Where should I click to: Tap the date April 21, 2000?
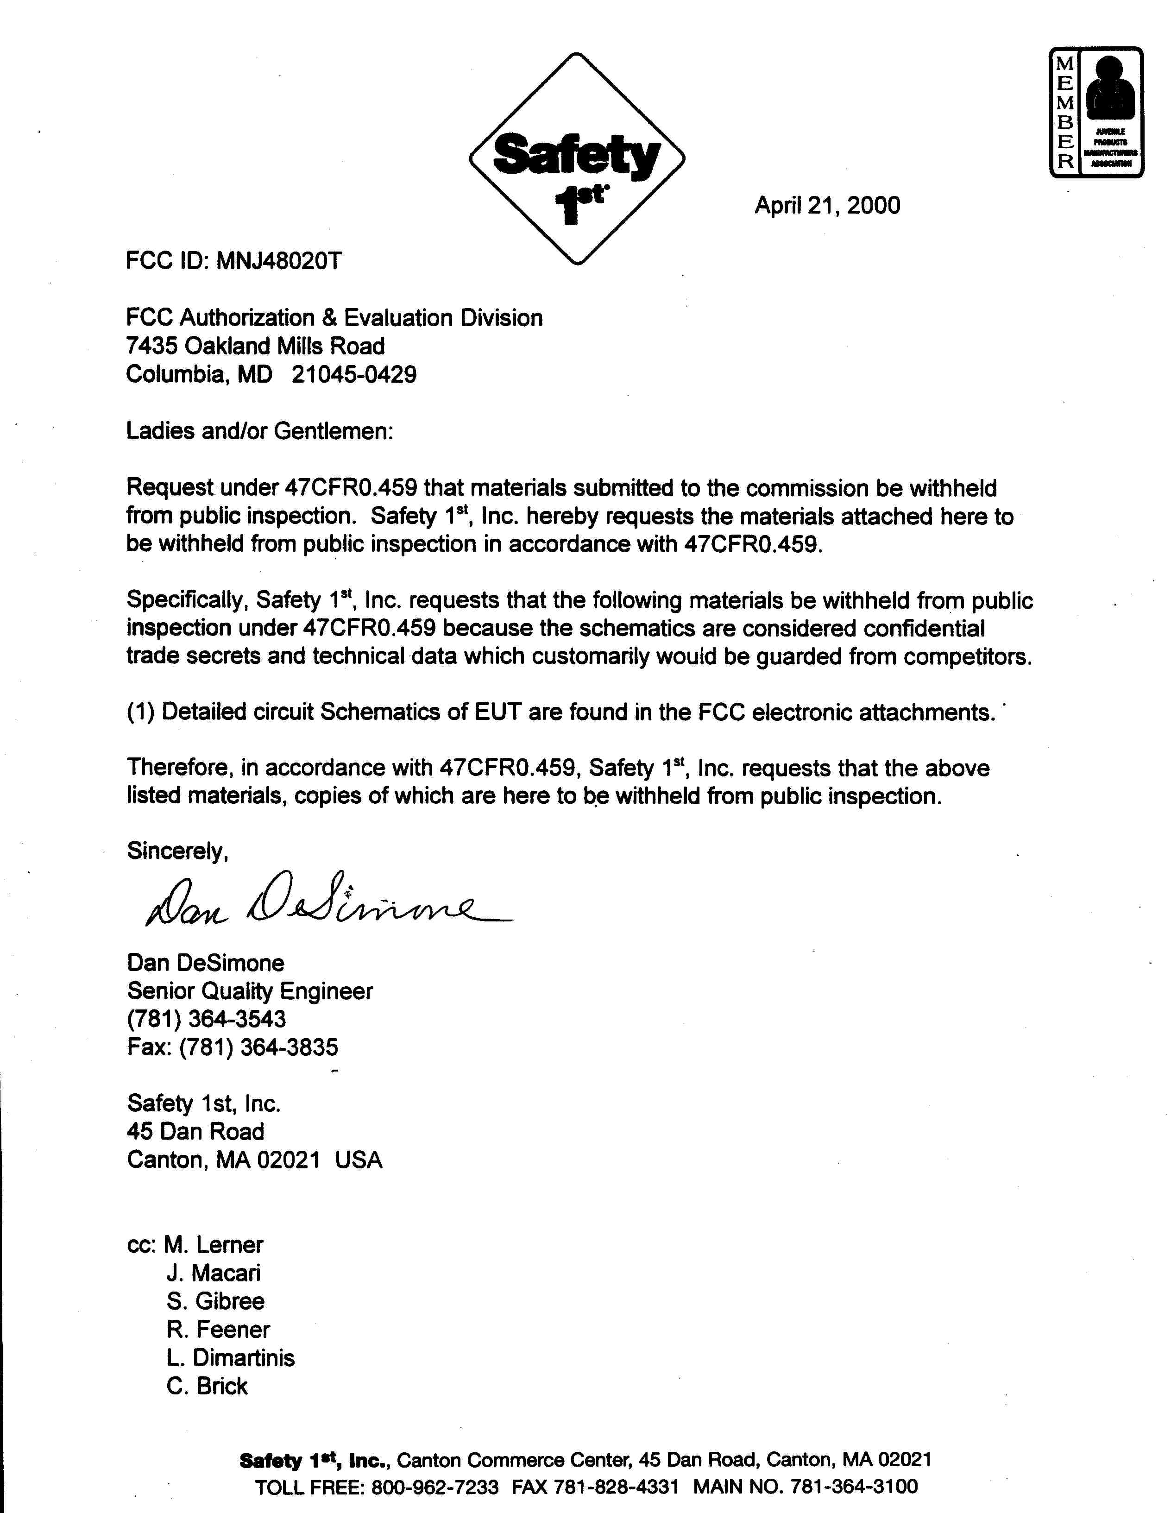[x=827, y=206]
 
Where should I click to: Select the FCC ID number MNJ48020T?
[x=279, y=261]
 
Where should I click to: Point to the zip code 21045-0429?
[x=354, y=375]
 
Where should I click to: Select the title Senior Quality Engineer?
[x=250, y=991]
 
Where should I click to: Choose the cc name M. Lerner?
[x=214, y=1245]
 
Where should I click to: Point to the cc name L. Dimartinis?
[x=230, y=1357]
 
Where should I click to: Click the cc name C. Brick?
[x=207, y=1386]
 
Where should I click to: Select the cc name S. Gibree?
[x=215, y=1301]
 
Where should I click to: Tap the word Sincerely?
[x=177, y=851]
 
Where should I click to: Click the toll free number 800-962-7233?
[x=434, y=1486]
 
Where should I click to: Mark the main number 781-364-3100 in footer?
[x=854, y=1486]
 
